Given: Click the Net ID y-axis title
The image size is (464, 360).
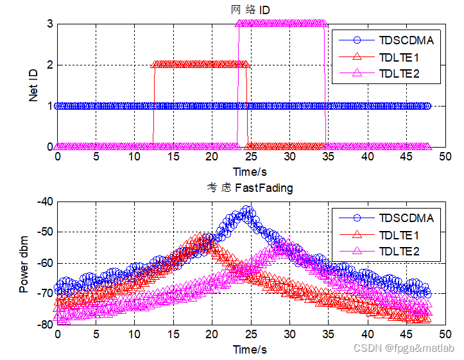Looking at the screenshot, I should (34, 85).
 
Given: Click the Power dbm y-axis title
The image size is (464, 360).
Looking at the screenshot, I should (24, 262).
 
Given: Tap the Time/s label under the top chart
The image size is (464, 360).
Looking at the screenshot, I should (250, 171).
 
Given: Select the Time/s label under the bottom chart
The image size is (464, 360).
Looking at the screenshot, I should (250, 350).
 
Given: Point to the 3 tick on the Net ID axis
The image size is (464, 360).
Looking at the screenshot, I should (49, 24).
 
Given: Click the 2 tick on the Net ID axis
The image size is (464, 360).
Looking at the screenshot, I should (49, 65).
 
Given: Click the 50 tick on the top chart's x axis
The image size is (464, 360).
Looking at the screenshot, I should (445, 157).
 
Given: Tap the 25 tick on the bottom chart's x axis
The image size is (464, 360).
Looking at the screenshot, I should (251, 335).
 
